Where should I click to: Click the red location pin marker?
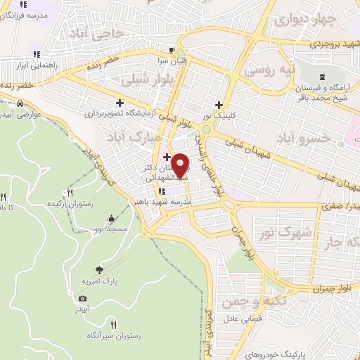[180, 166]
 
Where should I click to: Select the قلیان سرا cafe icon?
[172, 51]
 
